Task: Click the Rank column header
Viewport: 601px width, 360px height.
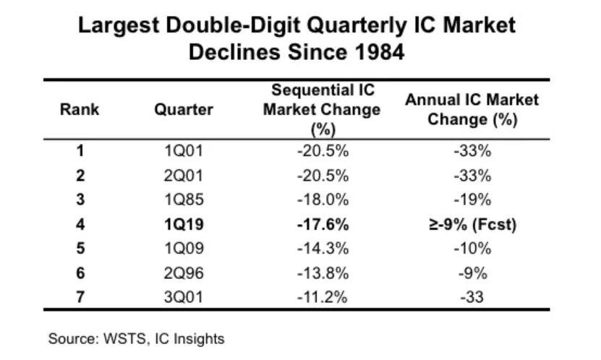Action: coord(80,110)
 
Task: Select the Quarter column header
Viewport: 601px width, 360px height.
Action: coord(184,110)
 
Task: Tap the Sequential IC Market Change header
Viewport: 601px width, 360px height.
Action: coord(321,110)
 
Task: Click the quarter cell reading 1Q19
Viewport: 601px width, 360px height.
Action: coord(184,224)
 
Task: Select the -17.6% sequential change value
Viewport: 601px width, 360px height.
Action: coord(321,224)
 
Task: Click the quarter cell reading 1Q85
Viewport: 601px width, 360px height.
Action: coord(184,200)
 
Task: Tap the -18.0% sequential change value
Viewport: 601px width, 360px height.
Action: coord(321,200)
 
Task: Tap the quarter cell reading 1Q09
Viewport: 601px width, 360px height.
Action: coord(184,248)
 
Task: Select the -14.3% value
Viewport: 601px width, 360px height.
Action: coord(321,248)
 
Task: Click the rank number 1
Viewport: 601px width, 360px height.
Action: coord(80,151)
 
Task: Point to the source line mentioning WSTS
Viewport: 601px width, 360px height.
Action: coord(136,338)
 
